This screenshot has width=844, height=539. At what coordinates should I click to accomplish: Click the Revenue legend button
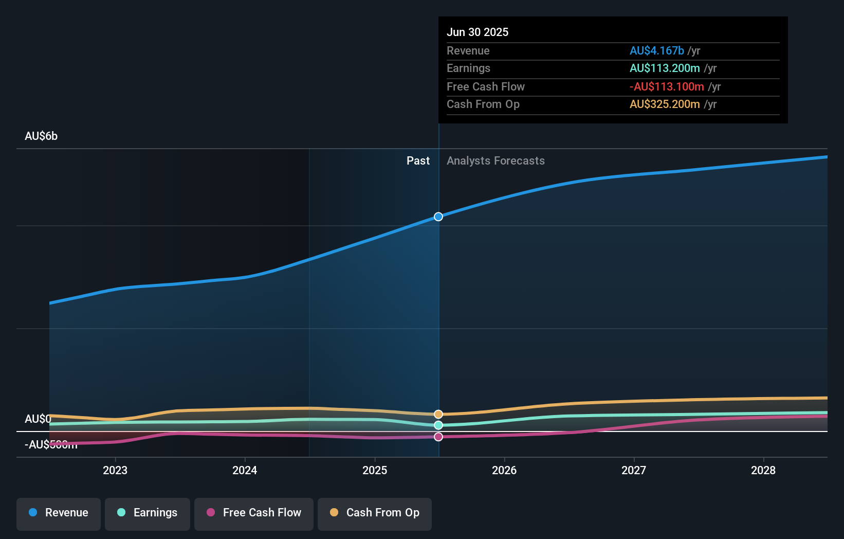59,513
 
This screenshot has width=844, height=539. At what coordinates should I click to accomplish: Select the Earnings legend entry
148,513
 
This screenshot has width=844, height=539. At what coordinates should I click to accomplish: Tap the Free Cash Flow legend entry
254,513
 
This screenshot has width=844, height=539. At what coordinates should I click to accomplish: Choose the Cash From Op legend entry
375,513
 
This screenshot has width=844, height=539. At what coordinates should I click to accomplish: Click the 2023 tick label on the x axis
115,470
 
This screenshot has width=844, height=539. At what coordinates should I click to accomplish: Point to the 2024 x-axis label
245,470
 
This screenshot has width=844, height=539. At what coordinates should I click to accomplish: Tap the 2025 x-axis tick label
375,470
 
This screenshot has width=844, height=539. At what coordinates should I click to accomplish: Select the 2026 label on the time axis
504,470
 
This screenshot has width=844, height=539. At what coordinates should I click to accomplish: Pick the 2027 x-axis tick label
634,470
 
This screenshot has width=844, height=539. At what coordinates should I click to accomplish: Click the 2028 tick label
763,470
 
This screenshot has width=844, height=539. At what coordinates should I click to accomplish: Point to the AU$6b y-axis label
41,136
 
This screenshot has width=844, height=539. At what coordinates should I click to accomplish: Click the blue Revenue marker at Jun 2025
438,217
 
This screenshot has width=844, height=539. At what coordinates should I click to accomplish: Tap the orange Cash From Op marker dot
438,414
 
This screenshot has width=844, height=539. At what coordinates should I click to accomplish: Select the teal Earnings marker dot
438,425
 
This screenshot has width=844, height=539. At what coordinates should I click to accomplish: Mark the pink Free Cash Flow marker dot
438,437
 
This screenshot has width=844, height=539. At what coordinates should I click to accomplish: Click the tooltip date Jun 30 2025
478,32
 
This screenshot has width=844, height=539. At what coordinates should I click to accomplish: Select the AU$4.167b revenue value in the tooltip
657,50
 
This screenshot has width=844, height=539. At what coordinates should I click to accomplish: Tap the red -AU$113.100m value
667,86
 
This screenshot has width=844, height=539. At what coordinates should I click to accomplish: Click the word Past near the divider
418,161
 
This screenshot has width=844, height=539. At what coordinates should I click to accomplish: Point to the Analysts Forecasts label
496,161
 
